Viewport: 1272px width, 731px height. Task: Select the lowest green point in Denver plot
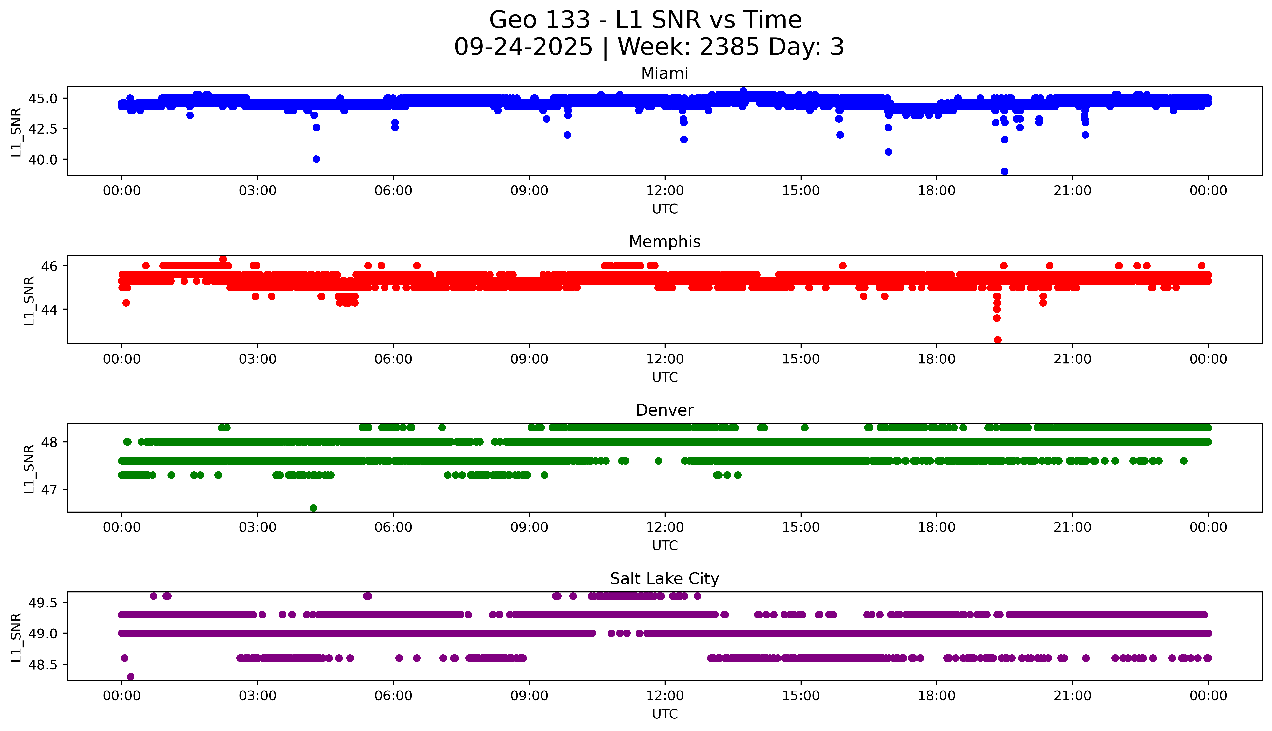pos(313,508)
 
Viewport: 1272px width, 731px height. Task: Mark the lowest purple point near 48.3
pos(131,676)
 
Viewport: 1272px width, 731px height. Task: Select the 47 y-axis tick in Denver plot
pos(50,490)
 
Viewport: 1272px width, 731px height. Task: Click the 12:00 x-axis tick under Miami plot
pos(665,191)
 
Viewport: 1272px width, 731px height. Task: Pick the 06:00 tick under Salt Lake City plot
pos(393,696)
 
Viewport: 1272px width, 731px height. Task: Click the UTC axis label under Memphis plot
pos(665,377)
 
